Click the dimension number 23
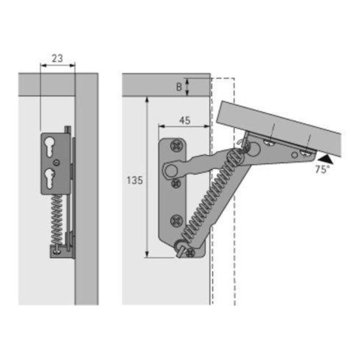click(58, 58)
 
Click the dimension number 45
click(184, 120)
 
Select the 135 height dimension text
click(135, 180)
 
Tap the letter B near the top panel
click(179, 87)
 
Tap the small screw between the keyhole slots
click(56, 162)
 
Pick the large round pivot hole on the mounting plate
click(171, 170)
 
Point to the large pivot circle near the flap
click(255, 148)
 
